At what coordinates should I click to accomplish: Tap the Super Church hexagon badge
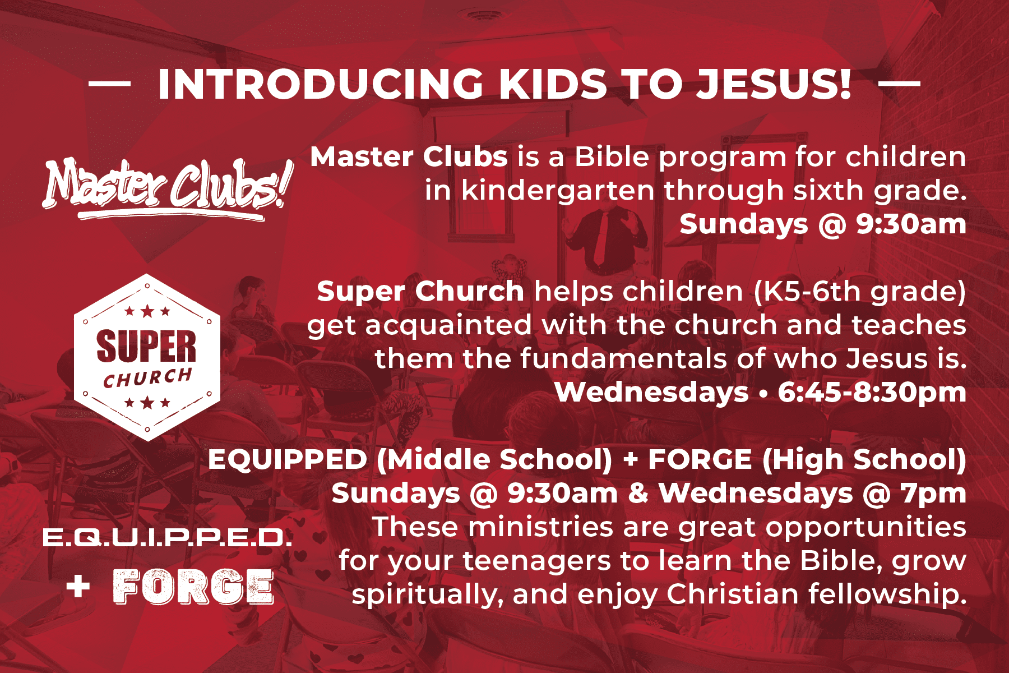click(x=147, y=357)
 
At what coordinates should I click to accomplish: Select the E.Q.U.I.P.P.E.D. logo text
click(x=167, y=538)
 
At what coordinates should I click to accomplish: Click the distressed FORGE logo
click(x=194, y=587)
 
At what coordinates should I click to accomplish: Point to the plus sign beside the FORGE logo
click(x=78, y=587)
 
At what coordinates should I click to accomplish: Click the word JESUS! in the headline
click(x=774, y=85)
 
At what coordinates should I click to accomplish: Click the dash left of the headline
click(x=109, y=84)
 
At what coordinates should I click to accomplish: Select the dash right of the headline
click(x=899, y=84)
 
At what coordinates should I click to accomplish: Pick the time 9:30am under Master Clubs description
click(x=911, y=224)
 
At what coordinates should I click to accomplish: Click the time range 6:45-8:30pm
click(x=872, y=392)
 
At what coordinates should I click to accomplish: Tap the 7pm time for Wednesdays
click(x=933, y=494)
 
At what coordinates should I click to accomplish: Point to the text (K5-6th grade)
click(x=860, y=292)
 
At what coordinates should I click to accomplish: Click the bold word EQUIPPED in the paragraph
click(x=287, y=460)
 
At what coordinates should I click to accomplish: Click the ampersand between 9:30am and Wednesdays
click(x=638, y=494)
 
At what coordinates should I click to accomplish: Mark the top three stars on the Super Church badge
click(x=147, y=311)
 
